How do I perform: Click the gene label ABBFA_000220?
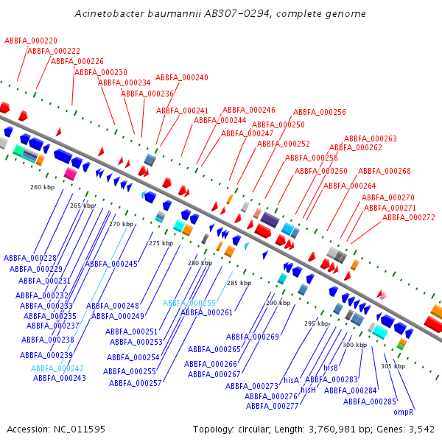click(31, 41)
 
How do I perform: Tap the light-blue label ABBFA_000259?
click(189, 303)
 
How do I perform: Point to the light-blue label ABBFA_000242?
click(57, 368)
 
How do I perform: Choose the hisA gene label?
click(291, 380)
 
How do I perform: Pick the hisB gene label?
click(331, 367)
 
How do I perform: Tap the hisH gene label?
click(308, 389)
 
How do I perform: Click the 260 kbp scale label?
click(43, 187)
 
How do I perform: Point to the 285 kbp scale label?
click(239, 283)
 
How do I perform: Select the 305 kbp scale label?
click(393, 366)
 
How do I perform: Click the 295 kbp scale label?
click(317, 323)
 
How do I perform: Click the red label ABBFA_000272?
click(409, 217)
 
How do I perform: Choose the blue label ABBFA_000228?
click(30, 257)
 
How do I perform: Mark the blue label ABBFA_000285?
click(370, 401)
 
